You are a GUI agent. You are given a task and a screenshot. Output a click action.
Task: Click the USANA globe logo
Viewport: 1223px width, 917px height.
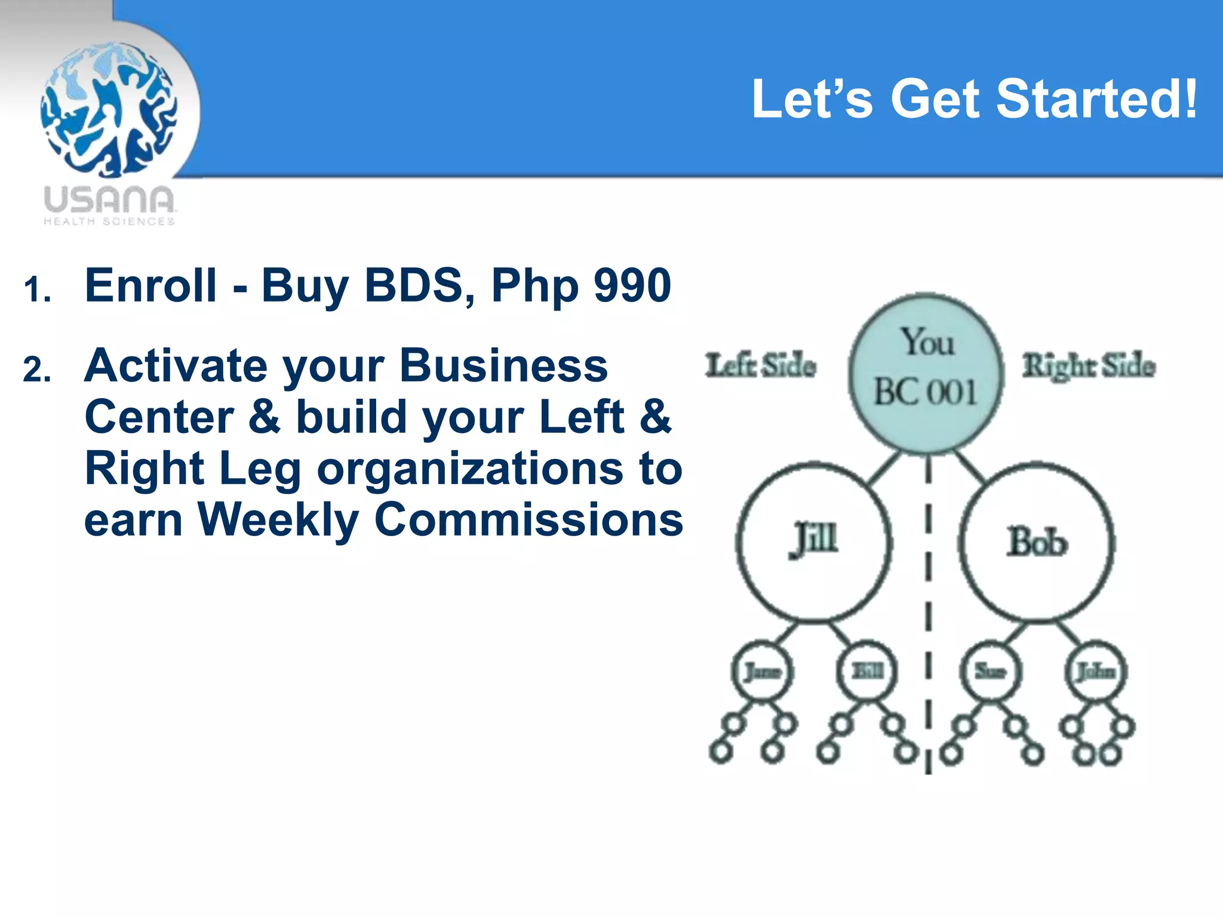tap(109, 109)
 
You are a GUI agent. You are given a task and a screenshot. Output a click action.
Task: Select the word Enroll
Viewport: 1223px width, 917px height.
tap(150, 285)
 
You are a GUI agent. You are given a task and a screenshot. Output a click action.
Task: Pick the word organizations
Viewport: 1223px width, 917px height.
tap(469, 468)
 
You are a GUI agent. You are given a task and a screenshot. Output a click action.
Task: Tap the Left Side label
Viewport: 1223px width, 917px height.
tap(760, 365)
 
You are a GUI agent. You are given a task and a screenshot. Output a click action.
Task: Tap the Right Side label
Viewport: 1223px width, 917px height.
tap(1088, 365)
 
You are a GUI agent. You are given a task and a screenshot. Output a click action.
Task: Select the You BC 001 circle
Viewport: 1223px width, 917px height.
tap(925, 373)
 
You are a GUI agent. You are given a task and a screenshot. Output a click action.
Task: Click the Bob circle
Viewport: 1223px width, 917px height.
tap(1037, 541)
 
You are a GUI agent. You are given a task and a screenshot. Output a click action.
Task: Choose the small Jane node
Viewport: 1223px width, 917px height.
tap(762, 672)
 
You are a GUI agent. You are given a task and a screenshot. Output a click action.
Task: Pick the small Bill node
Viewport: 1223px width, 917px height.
tap(866, 672)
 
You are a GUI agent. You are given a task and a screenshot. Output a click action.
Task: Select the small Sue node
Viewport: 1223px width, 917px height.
tap(990, 672)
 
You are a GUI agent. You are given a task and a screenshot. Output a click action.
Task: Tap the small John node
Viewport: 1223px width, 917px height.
tap(1096, 672)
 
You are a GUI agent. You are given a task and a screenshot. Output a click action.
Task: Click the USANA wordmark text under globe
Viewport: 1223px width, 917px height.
tap(109, 200)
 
